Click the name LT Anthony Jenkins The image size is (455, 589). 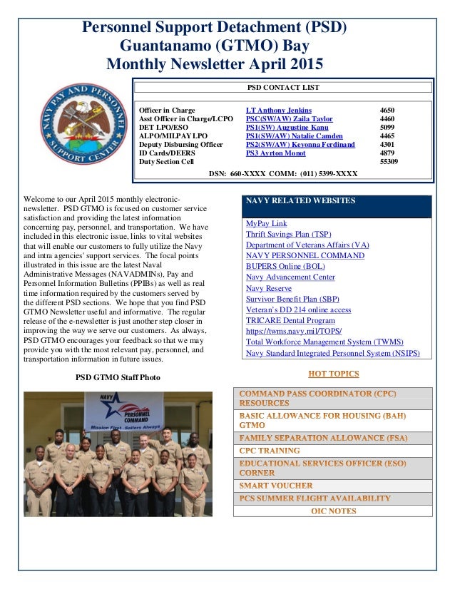pyautogui.click(x=278, y=111)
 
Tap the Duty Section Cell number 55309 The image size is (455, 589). pyautogui.click(x=389, y=161)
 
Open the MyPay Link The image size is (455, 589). pyautogui.click(x=266, y=223)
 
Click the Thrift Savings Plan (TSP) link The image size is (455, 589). pyautogui.click(x=288, y=234)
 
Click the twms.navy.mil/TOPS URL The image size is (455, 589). pyautogui.click(x=294, y=331)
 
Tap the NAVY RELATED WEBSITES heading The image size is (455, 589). pyautogui.click(x=300, y=201)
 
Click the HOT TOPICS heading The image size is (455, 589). pyautogui.click(x=333, y=373)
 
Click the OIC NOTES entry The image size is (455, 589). pyautogui.click(x=333, y=511)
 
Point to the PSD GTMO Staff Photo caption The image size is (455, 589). pyautogui.click(x=118, y=377)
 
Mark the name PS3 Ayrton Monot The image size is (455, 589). pyautogui.click(x=275, y=153)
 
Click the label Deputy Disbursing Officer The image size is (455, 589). pyautogui.click(x=180, y=144)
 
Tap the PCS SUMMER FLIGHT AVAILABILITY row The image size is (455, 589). pyautogui.click(x=315, y=498)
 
